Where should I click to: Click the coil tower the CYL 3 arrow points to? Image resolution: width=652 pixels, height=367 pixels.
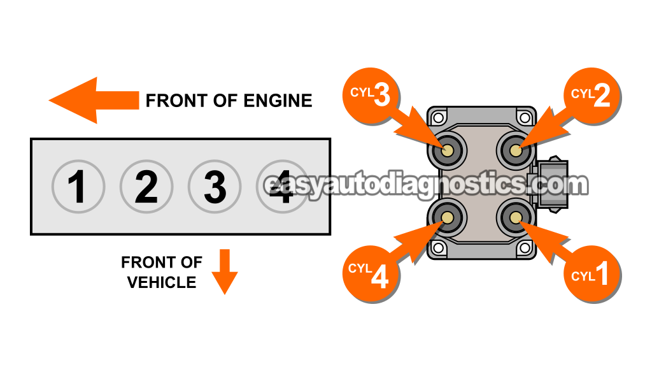coord(448,151)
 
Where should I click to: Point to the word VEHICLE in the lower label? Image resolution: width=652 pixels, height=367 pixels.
coord(162,282)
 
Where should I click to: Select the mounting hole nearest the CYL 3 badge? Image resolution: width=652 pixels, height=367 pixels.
coord(439,117)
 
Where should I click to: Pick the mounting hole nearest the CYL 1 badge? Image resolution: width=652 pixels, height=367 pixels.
coord(524,247)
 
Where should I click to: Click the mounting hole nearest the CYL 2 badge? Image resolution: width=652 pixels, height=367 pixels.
coord(524,117)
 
